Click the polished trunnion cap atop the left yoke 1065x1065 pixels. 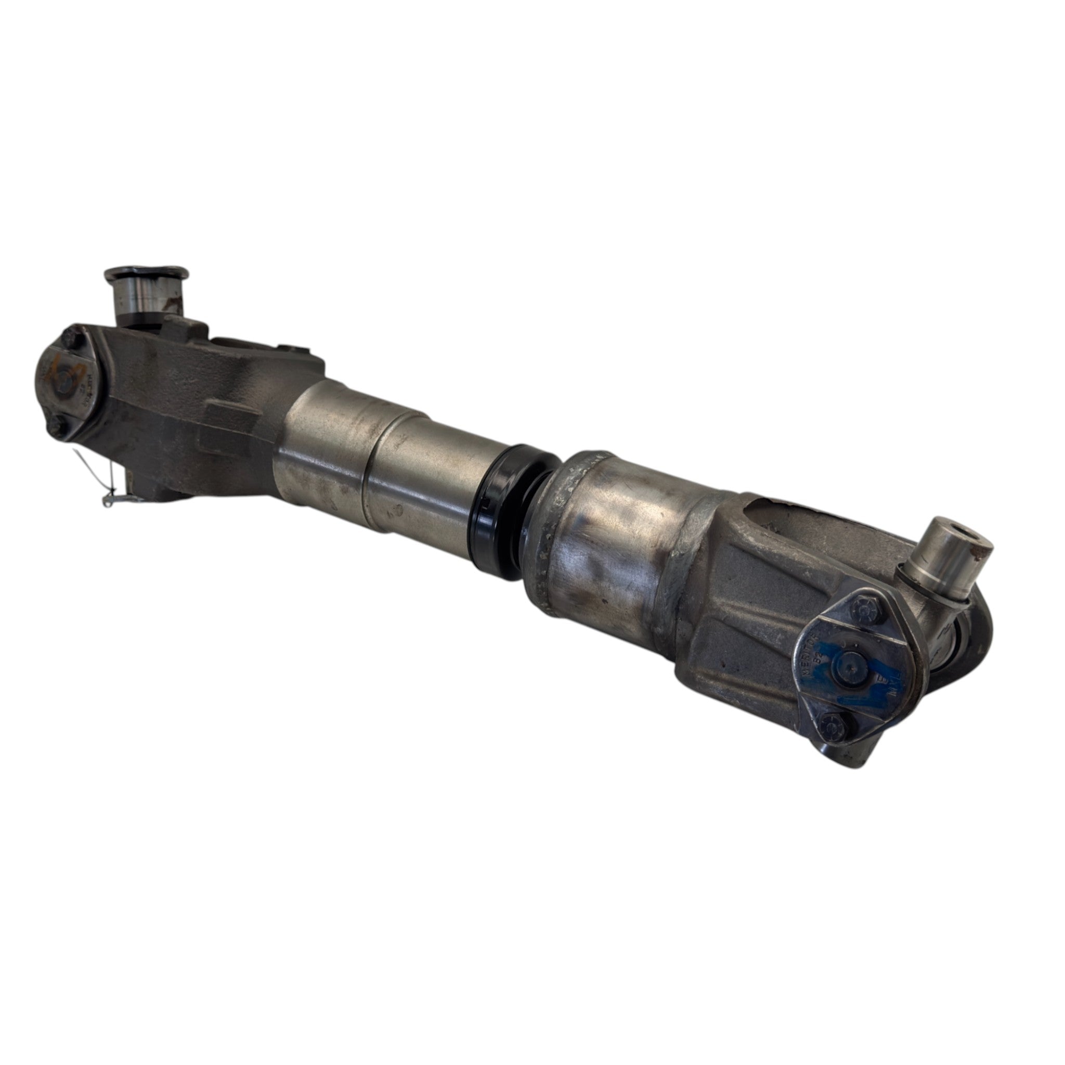click(146, 291)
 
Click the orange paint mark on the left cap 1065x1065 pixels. click(62, 368)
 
